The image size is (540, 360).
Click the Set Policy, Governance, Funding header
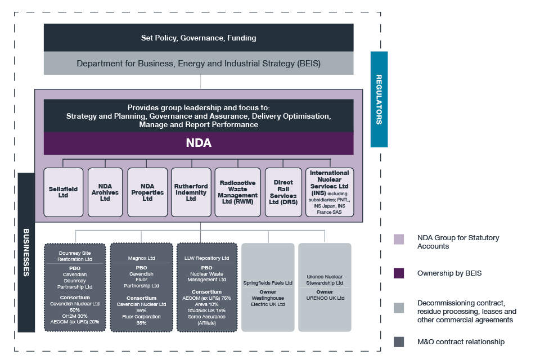click(199, 38)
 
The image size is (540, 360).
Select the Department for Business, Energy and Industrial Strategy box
click(199, 64)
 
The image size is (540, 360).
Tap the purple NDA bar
click(199, 143)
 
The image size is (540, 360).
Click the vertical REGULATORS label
click(379, 99)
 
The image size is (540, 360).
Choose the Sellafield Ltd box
click(63, 192)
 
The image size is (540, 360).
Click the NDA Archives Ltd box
click(105, 192)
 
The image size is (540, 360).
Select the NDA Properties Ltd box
click(147, 192)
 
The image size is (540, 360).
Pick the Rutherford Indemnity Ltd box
click(191, 192)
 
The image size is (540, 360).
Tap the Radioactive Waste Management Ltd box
click(238, 192)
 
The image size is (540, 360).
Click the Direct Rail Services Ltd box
click(283, 192)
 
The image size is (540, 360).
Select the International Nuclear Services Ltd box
click(329, 192)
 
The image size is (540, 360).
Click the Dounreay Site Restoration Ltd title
click(75, 256)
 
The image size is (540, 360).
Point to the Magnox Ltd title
click(141, 258)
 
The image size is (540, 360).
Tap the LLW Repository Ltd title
click(206, 258)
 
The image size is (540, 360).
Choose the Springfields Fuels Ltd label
click(268, 283)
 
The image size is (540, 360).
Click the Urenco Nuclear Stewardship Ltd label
click(325, 280)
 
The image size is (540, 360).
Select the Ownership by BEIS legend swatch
click(399, 273)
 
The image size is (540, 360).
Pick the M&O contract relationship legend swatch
click(399, 341)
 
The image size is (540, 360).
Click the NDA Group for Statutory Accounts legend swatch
click(399, 240)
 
